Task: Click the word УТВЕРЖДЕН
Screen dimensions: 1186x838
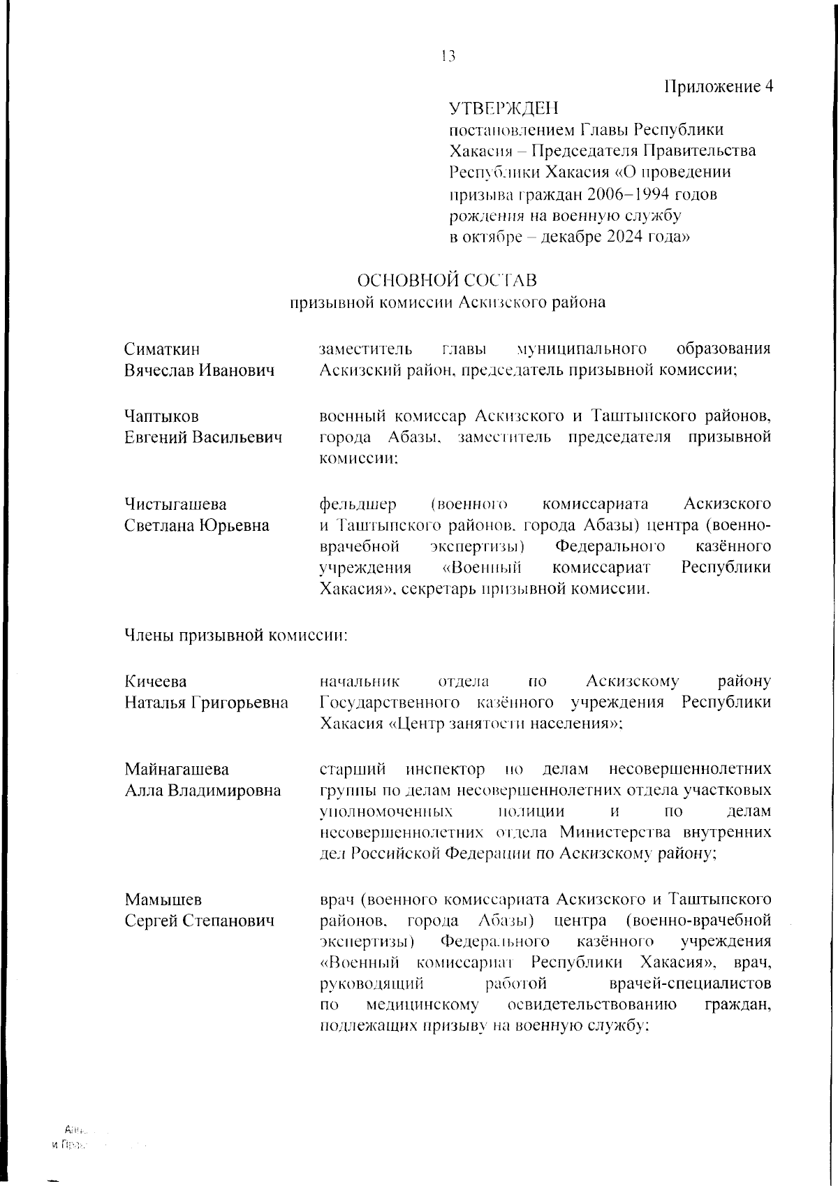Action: coord(503,108)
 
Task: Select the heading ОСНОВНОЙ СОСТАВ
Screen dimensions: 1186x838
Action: coord(447,281)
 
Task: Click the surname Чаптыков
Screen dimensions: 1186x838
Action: coord(161,416)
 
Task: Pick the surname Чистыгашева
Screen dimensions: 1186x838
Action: coord(175,504)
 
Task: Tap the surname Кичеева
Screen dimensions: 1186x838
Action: coord(156,681)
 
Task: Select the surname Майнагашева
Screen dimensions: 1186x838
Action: coord(177,769)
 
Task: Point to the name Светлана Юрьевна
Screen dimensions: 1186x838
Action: coord(196,525)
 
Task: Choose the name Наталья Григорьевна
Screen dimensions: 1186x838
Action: coord(206,703)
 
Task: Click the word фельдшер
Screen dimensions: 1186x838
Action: coord(358,504)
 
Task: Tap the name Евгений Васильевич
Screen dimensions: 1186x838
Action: coord(203,438)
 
